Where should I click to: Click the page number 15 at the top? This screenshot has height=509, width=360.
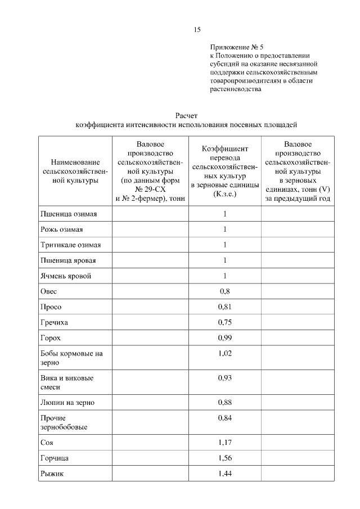pos(197,30)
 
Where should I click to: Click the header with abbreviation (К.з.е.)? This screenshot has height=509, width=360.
pos(225,171)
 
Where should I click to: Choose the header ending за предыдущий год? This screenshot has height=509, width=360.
pos(298,171)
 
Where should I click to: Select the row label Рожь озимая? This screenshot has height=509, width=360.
pos(62,229)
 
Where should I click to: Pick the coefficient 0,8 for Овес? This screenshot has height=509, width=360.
pos(225,291)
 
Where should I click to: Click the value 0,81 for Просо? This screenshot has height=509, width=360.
pos(225,307)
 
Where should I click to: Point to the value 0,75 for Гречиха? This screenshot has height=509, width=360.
pos(225,323)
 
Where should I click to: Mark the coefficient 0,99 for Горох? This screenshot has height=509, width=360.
pos(225,339)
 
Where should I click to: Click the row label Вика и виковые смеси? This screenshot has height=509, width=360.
pos(67,382)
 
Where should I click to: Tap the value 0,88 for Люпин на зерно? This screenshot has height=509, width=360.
pos(225,403)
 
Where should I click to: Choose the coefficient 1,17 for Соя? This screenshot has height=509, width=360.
pos(225,443)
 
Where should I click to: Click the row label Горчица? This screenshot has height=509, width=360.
pos(55,458)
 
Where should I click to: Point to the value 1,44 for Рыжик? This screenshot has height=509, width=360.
pos(225,474)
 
